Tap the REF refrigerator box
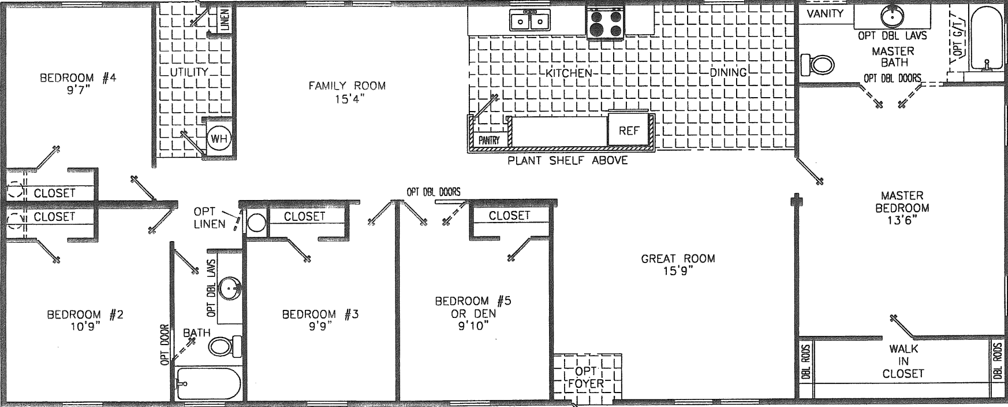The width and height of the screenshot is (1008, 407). (629, 131)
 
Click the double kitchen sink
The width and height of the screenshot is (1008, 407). (529, 22)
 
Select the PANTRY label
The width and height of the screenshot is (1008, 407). (488, 140)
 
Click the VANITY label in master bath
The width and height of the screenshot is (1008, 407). (825, 14)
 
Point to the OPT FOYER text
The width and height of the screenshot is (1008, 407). (586, 377)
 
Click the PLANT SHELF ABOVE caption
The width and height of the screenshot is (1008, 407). (567, 161)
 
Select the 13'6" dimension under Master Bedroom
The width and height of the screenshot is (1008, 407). (902, 220)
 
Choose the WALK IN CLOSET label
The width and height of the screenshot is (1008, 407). (903, 361)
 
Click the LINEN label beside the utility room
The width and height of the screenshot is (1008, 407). (225, 19)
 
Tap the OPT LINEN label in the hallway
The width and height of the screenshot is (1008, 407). (210, 218)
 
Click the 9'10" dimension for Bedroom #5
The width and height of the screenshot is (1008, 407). (473, 326)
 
